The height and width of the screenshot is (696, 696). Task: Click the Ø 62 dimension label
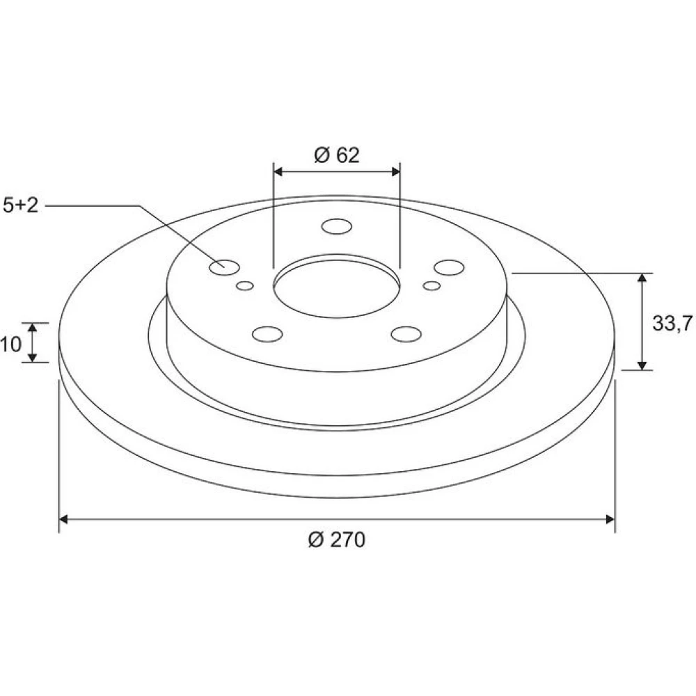click(x=337, y=155)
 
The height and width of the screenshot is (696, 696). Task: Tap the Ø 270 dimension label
click(x=337, y=540)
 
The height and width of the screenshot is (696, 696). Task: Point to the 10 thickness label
click(x=10, y=344)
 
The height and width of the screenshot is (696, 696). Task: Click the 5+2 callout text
click(x=20, y=205)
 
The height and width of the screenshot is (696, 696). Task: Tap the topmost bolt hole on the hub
click(x=337, y=226)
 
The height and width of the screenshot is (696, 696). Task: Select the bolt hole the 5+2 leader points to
click(x=224, y=267)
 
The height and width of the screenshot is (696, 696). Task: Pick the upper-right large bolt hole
click(x=449, y=267)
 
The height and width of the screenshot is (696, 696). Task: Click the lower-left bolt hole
click(x=267, y=334)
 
